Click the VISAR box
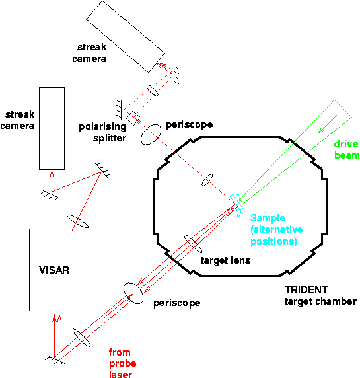click(54, 269)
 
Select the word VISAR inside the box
click(53, 270)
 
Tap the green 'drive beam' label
click(346, 149)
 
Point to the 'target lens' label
click(225, 260)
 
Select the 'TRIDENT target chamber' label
click(311, 295)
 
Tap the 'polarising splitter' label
click(102, 132)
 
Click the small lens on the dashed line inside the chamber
click(207, 180)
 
